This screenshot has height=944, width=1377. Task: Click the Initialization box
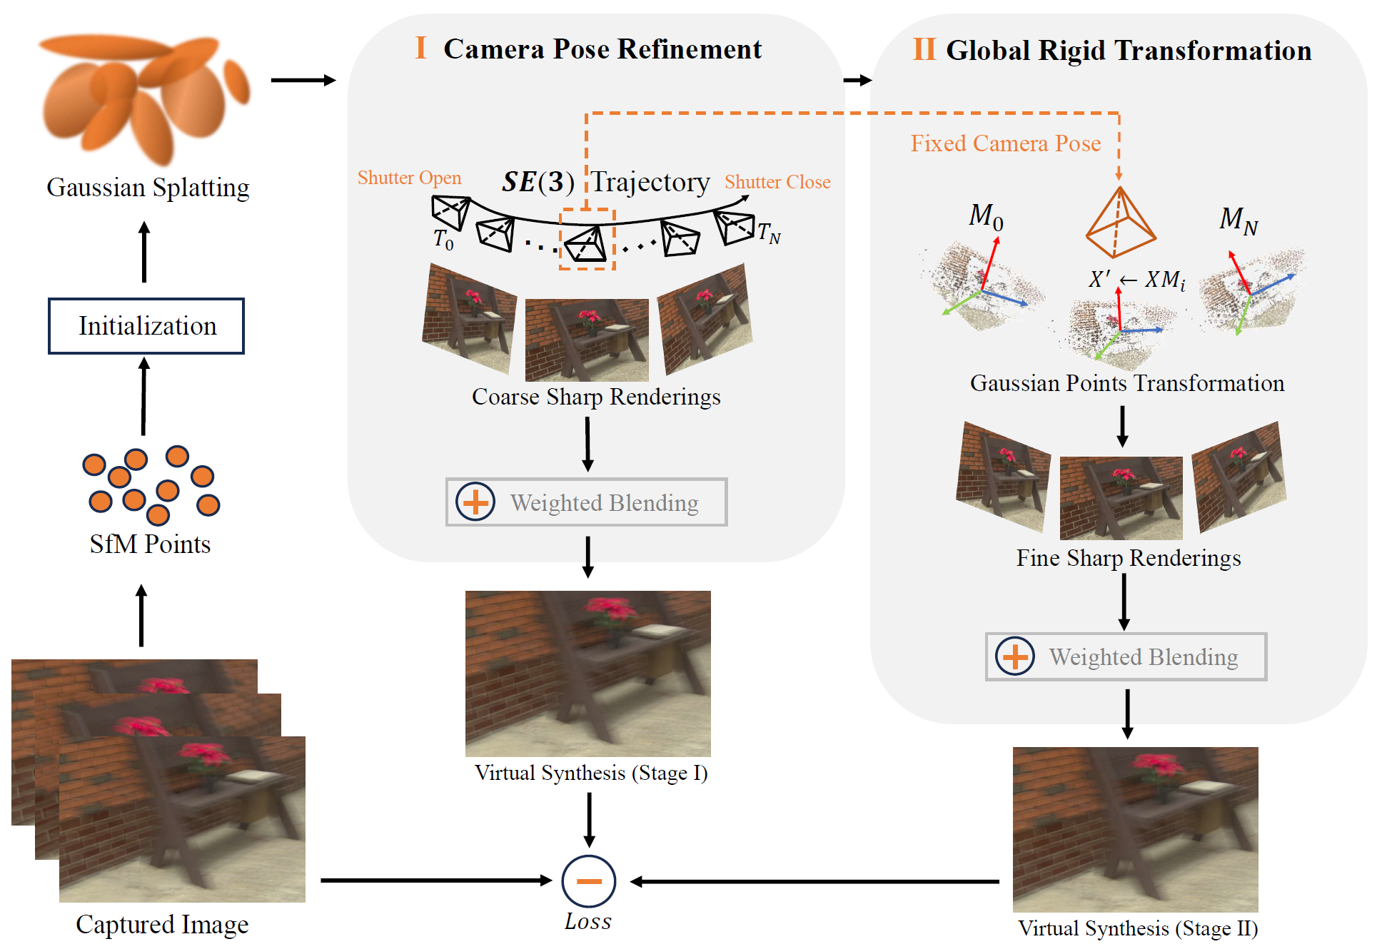(x=146, y=326)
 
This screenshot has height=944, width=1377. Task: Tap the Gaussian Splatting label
(x=148, y=188)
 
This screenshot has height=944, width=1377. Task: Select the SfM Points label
(x=150, y=544)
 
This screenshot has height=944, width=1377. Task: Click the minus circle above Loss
(x=589, y=881)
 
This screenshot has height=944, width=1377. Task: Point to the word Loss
(x=587, y=922)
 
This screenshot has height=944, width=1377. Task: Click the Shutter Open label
(x=409, y=178)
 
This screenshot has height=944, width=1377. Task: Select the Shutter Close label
(x=777, y=182)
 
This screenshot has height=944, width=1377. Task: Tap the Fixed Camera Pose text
(x=1005, y=143)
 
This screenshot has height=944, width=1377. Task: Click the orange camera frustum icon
(x=1120, y=222)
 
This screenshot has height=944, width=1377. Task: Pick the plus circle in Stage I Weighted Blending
(x=475, y=502)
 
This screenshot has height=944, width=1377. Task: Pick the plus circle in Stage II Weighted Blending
(x=1015, y=656)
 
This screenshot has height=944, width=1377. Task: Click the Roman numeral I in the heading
(x=420, y=49)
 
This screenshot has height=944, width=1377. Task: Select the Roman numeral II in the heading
(x=924, y=50)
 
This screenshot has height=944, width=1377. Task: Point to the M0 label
(x=986, y=215)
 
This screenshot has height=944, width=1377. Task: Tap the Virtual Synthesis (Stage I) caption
(x=591, y=773)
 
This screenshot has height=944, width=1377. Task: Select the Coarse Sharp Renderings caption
(x=596, y=397)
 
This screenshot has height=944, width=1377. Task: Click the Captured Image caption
(x=162, y=925)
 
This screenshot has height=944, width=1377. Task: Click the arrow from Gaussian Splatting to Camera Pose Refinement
(x=303, y=80)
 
